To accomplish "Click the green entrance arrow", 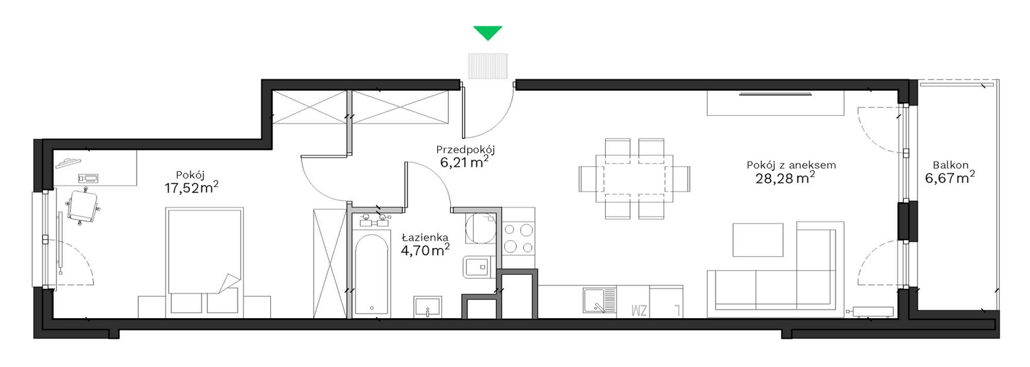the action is [488, 33].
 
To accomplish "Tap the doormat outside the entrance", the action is [488, 66].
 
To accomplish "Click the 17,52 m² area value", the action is [191, 187].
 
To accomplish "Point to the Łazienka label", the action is [425, 238].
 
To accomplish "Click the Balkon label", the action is [950, 165].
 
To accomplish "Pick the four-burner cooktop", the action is [519, 238].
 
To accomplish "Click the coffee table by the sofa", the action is [758, 240].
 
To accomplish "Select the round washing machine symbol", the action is [481, 229].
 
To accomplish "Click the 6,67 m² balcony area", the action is [950, 178].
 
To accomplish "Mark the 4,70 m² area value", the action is [425, 250].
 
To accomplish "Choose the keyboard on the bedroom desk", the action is [88, 178].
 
